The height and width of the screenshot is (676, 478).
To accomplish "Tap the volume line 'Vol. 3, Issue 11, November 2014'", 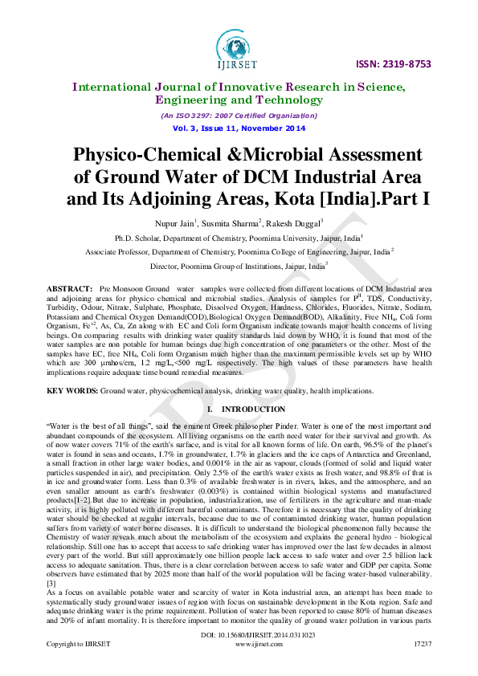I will pyautogui.click(x=239, y=128).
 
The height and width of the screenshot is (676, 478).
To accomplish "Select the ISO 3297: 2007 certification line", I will pyautogui.click(x=239, y=116).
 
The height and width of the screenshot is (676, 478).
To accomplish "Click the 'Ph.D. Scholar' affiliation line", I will pyautogui.click(x=239, y=238).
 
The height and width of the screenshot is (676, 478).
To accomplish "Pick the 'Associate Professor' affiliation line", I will pyautogui.click(x=239, y=251).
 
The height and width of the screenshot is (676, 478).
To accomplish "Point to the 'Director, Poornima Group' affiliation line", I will pyautogui.click(x=239, y=265).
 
